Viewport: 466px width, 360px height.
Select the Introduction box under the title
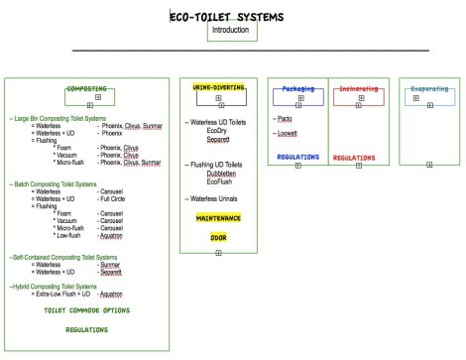(234, 31)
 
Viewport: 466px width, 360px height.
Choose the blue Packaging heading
(297, 88)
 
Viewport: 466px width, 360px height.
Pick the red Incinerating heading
(358, 88)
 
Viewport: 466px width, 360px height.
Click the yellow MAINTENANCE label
(218, 216)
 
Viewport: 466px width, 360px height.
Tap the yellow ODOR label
(218, 238)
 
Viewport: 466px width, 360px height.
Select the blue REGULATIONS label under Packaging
(297, 156)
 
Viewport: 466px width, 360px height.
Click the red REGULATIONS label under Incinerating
(354, 157)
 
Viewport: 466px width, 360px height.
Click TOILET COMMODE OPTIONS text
(87, 310)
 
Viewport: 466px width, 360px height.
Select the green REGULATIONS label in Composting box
(87, 329)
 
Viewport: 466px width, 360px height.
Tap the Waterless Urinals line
(220, 199)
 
